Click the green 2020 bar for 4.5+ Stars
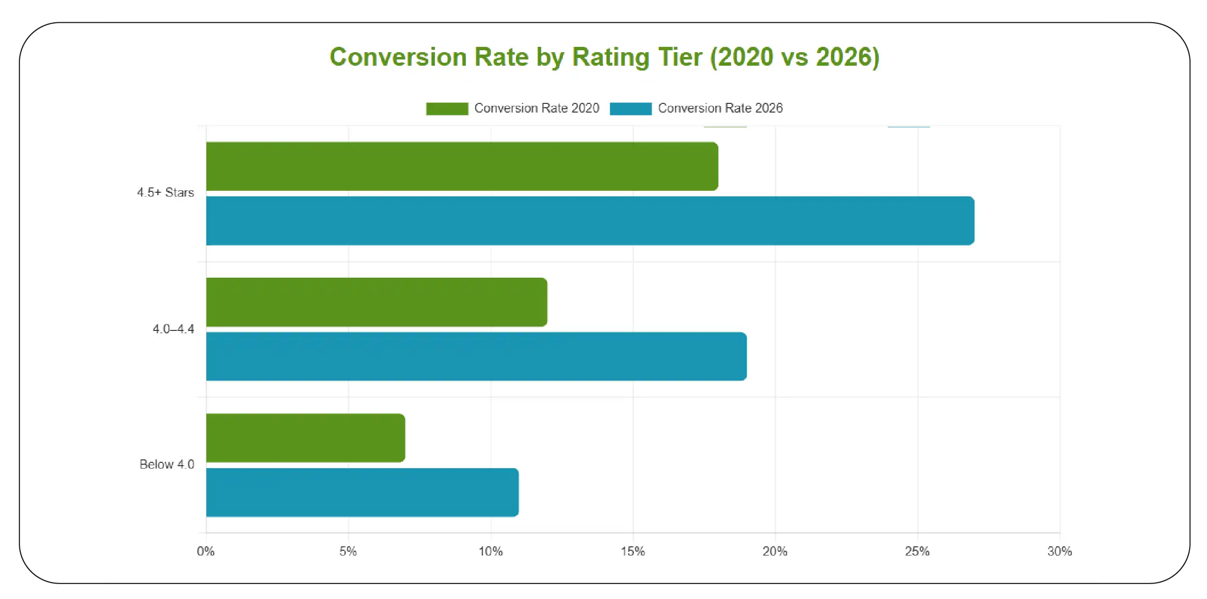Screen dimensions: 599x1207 coord(462,166)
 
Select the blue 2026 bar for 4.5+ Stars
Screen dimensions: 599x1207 coord(590,221)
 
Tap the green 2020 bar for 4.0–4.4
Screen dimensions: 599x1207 coord(377,302)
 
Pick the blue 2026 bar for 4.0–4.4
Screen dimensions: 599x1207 coord(476,357)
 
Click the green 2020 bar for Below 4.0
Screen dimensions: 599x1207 coord(305,438)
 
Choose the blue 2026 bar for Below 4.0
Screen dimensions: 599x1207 coord(362,492)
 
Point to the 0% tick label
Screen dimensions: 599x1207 coord(205,551)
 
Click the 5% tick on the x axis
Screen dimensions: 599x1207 coord(348,551)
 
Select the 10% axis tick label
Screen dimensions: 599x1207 coord(490,551)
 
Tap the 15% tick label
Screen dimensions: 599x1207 coord(633,551)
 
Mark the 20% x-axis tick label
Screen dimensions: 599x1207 coord(775,551)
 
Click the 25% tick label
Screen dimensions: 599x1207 coord(917,551)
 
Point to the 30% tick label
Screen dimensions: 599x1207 coord(1059,551)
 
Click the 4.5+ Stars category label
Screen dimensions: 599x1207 coord(165,192)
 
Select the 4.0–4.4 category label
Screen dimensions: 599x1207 coord(173,329)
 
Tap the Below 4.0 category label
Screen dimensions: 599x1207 coord(167,464)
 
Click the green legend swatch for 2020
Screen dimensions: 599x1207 coord(447,109)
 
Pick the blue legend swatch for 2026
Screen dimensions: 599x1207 coord(630,109)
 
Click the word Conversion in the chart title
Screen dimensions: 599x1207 coord(398,57)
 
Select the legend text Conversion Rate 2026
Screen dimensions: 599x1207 coord(720,108)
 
